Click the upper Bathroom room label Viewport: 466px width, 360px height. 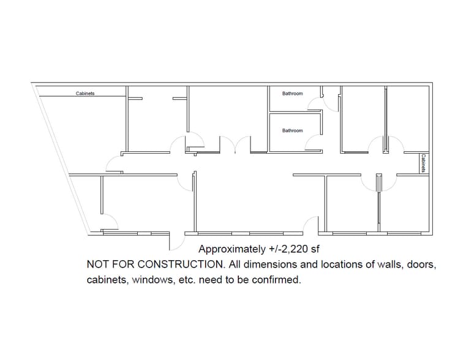[x=292, y=94]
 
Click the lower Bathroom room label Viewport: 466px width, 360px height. [x=292, y=130]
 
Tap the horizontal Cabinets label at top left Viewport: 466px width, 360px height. [x=85, y=94]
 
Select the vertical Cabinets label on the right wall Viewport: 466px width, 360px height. [x=423, y=163]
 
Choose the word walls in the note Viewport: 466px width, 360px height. [x=384, y=265]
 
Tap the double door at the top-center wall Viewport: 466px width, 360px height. [x=234, y=144]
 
